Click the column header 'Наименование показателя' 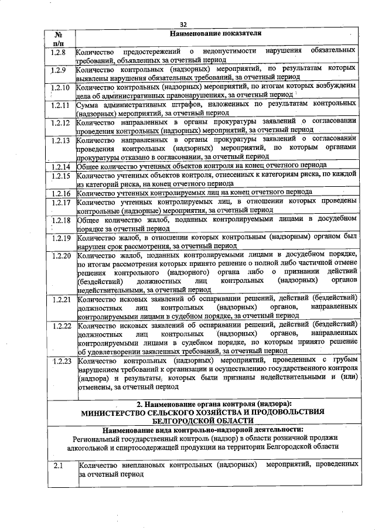click(x=216, y=33)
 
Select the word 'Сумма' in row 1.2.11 click(x=90, y=105)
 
